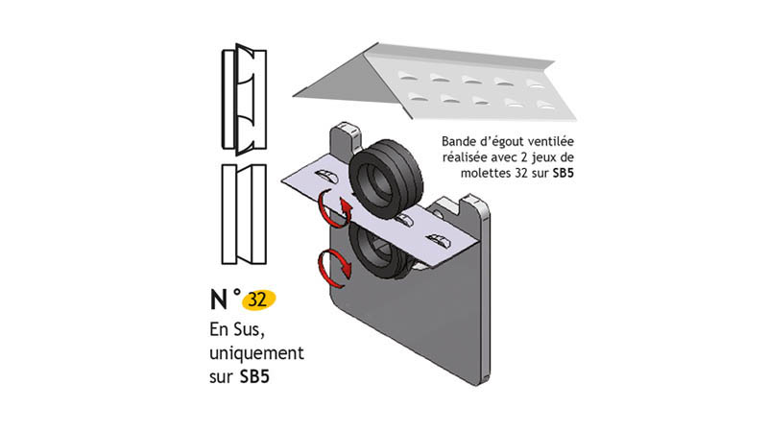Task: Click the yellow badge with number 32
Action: coord(256,300)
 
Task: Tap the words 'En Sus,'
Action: coord(241,330)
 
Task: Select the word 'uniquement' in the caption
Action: coord(256,353)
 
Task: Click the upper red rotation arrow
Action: coord(331,206)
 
